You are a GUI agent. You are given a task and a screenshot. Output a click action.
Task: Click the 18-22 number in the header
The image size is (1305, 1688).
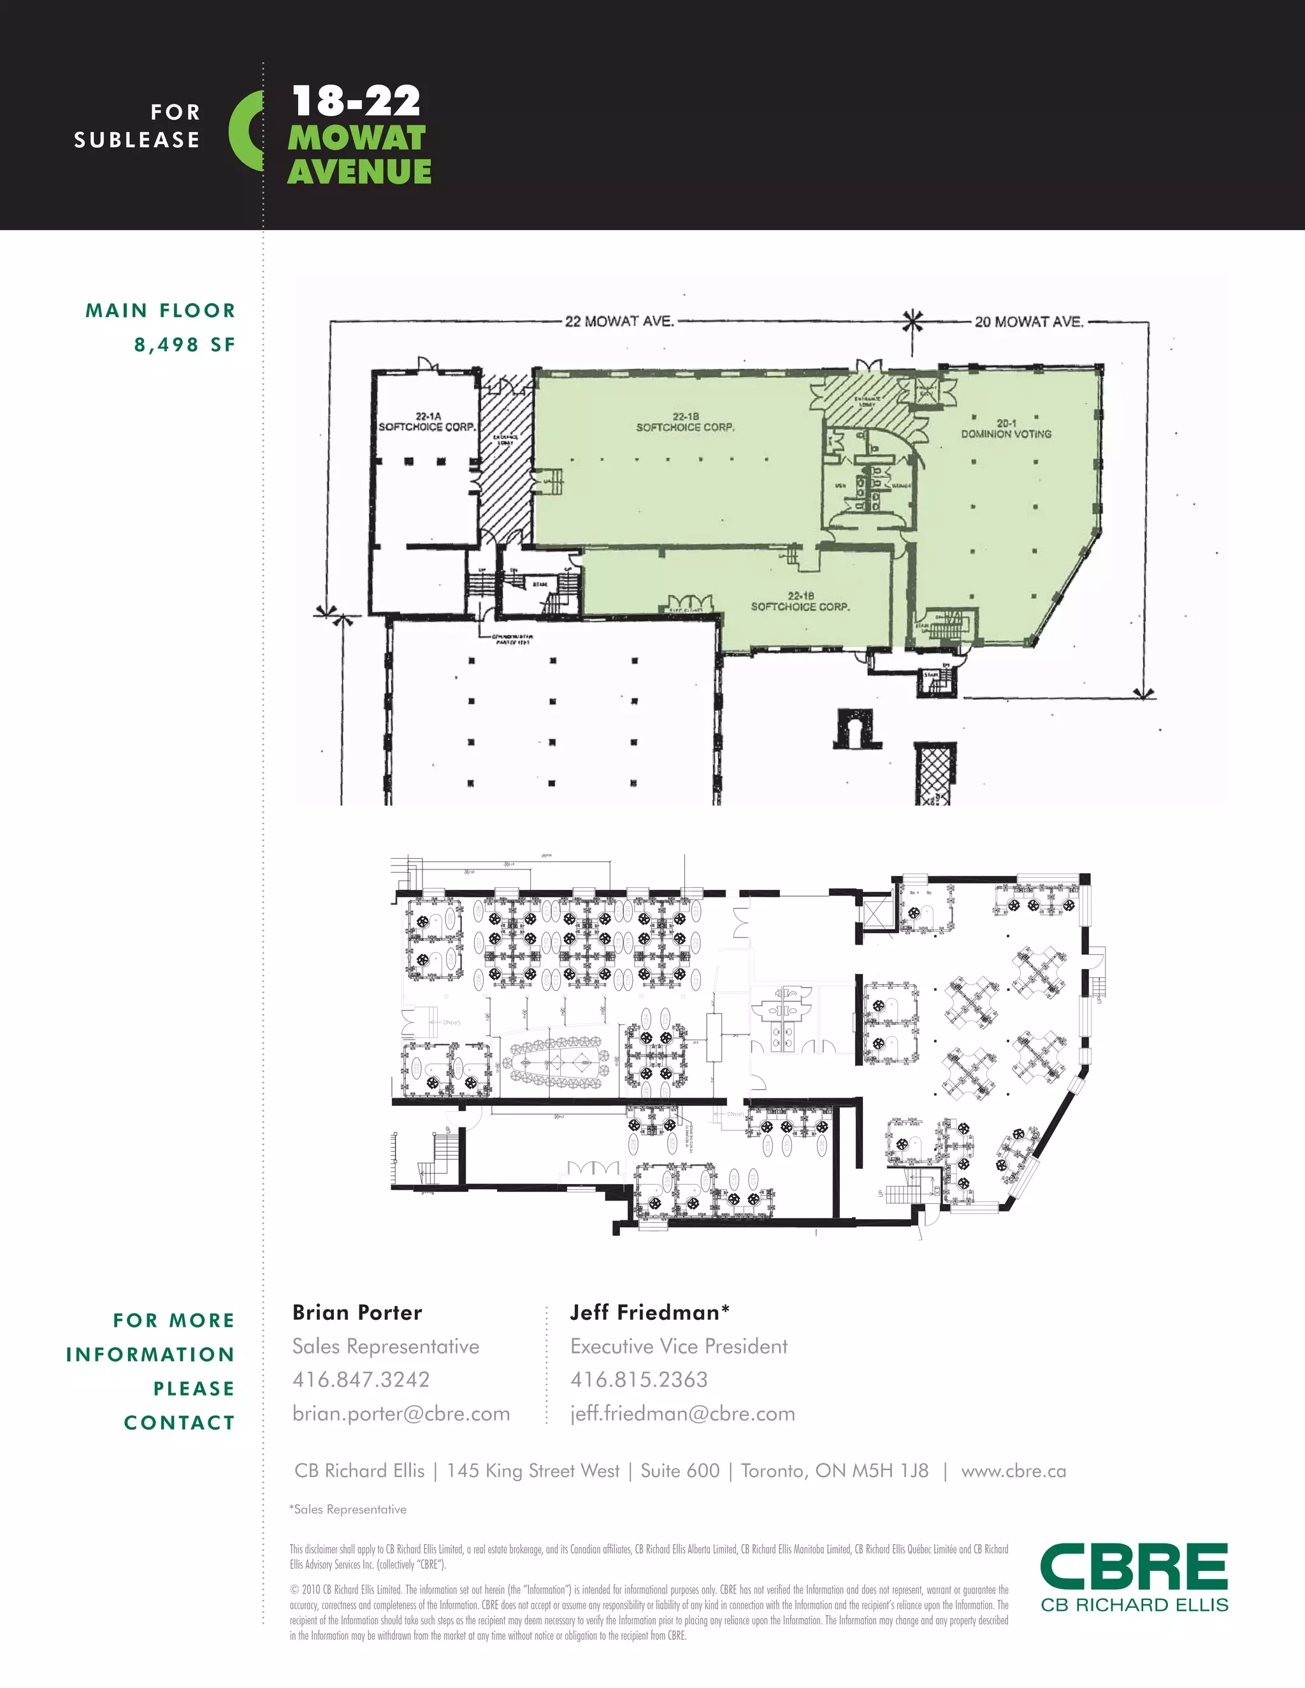356,101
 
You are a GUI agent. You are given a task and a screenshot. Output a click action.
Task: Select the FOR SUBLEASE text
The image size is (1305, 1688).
138,126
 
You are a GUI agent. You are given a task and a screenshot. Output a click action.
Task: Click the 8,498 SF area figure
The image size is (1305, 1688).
185,345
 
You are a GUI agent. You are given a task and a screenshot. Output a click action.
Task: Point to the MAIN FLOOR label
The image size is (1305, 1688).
160,311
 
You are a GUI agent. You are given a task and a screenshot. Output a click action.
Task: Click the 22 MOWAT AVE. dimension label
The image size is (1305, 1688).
619,321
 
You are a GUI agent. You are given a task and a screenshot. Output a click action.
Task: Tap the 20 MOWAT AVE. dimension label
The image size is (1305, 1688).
1028,322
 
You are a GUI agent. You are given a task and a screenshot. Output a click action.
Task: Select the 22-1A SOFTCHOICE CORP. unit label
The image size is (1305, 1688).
427,422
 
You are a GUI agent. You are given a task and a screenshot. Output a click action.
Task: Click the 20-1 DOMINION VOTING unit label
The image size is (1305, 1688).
1006,429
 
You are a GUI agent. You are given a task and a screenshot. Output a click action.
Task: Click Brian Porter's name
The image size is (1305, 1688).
357,1312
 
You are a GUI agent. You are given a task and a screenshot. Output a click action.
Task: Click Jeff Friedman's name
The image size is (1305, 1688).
649,1312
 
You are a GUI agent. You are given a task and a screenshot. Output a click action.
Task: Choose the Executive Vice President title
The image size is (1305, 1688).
679,1347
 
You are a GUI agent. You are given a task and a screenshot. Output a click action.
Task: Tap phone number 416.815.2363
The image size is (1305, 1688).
638,1380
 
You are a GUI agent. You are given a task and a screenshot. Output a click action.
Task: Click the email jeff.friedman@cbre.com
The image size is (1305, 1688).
682,1413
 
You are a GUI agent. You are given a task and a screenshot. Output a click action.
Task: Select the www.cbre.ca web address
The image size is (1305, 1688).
1014,1471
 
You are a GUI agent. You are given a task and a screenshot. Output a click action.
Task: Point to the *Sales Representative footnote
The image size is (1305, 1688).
348,1510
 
